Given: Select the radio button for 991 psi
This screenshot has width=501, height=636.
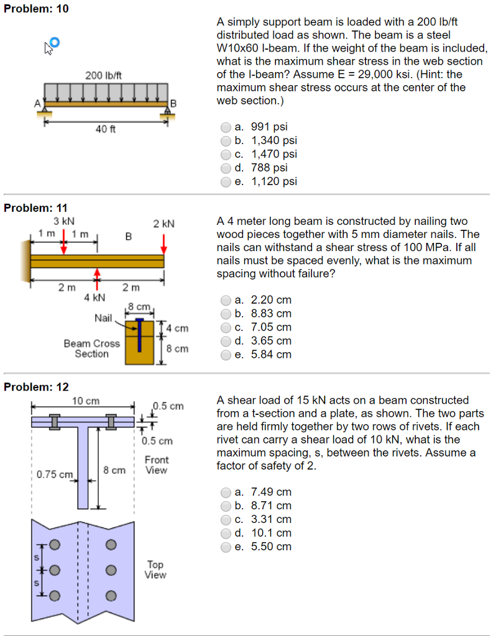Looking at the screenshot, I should coord(226,127).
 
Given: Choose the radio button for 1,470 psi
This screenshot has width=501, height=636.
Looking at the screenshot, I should coord(226,154).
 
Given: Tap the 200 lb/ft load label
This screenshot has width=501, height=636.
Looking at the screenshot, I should coord(103,75).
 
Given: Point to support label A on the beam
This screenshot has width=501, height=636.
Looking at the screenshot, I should coord(37,102).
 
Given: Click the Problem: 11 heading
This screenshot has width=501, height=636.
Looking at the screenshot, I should coord(36,208).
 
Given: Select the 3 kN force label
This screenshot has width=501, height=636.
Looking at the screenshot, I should coord(63,221).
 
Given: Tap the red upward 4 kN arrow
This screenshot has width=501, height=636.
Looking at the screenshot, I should coord(96,279).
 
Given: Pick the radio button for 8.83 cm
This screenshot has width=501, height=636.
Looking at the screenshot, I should coord(226,314).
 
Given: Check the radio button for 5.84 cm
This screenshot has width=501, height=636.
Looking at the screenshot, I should coord(226,355).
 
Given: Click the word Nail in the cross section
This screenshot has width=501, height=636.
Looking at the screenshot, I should coord(103,318).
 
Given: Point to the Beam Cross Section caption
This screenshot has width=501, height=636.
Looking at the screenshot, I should coord(91,348).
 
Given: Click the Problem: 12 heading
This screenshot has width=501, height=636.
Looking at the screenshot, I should coord(36,387).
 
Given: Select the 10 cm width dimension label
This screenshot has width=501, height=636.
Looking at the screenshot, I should coord(85,401).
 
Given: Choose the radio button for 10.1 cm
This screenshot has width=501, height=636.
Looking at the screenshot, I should coord(226,533).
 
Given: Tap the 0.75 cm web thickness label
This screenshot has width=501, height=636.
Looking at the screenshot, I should coord(55,475).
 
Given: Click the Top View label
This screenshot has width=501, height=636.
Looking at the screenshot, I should coord(155,570).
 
